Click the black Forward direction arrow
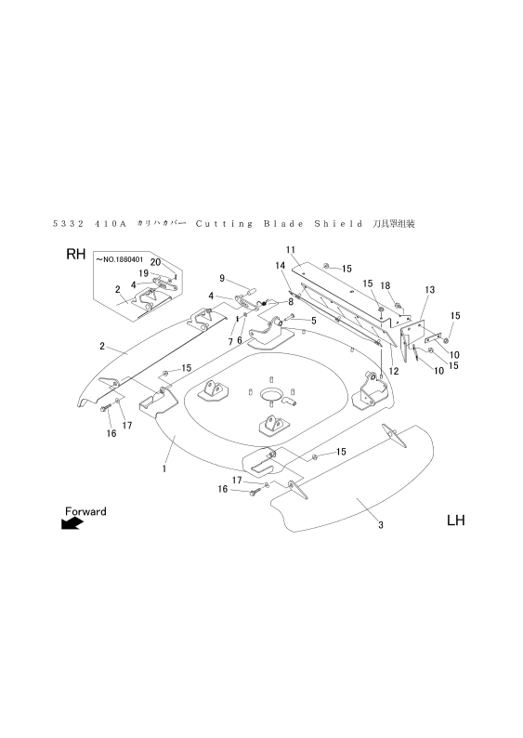click(72, 523)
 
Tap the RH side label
click(76, 254)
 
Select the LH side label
click(455, 521)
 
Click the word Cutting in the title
click(224, 224)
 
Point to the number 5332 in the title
click(68, 224)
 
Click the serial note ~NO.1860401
click(120, 259)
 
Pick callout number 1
click(163, 468)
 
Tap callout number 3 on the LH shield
click(381, 525)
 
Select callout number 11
click(290, 249)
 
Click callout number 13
click(430, 290)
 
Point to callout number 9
click(222, 278)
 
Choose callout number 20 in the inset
click(156, 262)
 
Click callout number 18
click(386, 285)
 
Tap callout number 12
click(394, 371)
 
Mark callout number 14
click(280, 266)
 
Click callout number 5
click(313, 321)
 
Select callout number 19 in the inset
click(143, 273)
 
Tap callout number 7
click(230, 342)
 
